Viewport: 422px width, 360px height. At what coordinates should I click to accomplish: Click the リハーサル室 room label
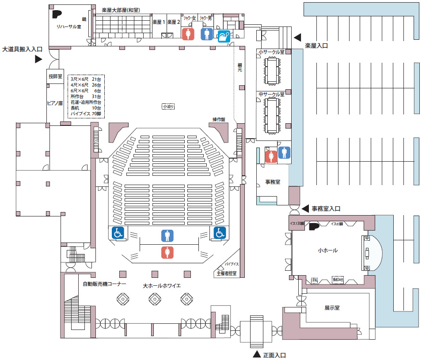pyautogui.click(x=68, y=27)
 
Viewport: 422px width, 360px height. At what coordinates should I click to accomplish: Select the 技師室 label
pyautogui.click(x=56, y=76)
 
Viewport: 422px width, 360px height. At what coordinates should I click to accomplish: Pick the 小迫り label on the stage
pyautogui.click(x=168, y=106)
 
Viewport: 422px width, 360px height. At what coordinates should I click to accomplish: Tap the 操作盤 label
pyautogui.click(x=219, y=120)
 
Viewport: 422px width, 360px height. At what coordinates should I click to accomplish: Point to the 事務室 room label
pyautogui.click(x=273, y=182)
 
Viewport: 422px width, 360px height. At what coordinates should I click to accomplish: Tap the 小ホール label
pyautogui.click(x=327, y=250)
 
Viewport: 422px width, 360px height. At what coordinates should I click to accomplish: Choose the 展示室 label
pyautogui.click(x=331, y=308)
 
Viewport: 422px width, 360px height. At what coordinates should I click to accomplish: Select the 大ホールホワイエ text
pyautogui.click(x=162, y=286)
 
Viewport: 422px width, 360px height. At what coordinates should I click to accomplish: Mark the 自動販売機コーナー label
pyautogui.click(x=105, y=284)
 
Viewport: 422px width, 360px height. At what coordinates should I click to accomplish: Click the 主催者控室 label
pyautogui.click(x=226, y=273)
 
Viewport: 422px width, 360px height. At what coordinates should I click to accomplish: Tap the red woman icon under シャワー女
pyautogui.click(x=189, y=34)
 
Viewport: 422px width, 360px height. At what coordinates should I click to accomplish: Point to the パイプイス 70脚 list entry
pyautogui.click(x=86, y=114)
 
